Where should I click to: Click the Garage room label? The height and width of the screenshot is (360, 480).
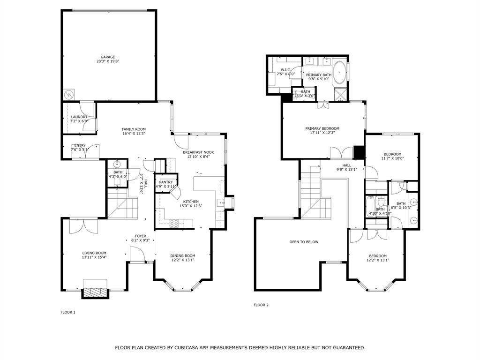(107, 57)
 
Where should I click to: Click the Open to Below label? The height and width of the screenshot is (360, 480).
(304, 242)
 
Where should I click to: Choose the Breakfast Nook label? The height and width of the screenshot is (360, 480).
(198, 152)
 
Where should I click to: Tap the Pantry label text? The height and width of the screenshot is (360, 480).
(166, 182)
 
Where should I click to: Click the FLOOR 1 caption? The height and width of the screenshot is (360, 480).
(68, 312)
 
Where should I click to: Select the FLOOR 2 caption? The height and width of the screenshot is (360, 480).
(261, 305)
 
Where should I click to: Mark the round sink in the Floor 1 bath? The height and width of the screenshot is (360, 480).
(117, 164)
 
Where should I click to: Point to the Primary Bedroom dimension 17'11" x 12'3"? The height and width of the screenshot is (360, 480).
(322, 133)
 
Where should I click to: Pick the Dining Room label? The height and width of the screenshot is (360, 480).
(182, 255)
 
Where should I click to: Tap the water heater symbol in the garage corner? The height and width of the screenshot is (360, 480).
(69, 94)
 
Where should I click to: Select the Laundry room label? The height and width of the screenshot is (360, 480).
(79, 117)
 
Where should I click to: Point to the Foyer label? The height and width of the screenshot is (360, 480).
(140, 236)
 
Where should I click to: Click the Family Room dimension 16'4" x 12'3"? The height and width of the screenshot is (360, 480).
(134, 134)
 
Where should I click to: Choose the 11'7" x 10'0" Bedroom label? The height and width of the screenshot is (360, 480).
(392, 155)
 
